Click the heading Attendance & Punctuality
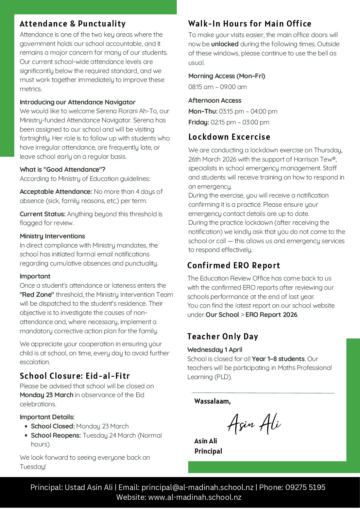tap(72, 24)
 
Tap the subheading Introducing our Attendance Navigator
tap(78, 102)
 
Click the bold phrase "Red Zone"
tap(37, 295)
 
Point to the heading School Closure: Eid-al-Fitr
tap(75, 376)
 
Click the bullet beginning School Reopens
tap(96, 436)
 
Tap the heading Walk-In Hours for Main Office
tap(250, 24)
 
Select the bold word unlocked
tap(225, 44)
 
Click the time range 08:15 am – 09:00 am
tap(218, 87)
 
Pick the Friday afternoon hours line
tap(229, 122)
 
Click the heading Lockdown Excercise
tap(229, 137)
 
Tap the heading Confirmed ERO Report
tap(234, 266)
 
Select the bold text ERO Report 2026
tap(271, 315)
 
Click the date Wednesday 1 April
tap(215, 350)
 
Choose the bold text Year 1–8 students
tap(278, 359)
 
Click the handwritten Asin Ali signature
tap(254, 423)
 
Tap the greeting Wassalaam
tap(212, 401)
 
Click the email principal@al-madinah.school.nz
tap(198, 487)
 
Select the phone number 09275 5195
tap(305, 487)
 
